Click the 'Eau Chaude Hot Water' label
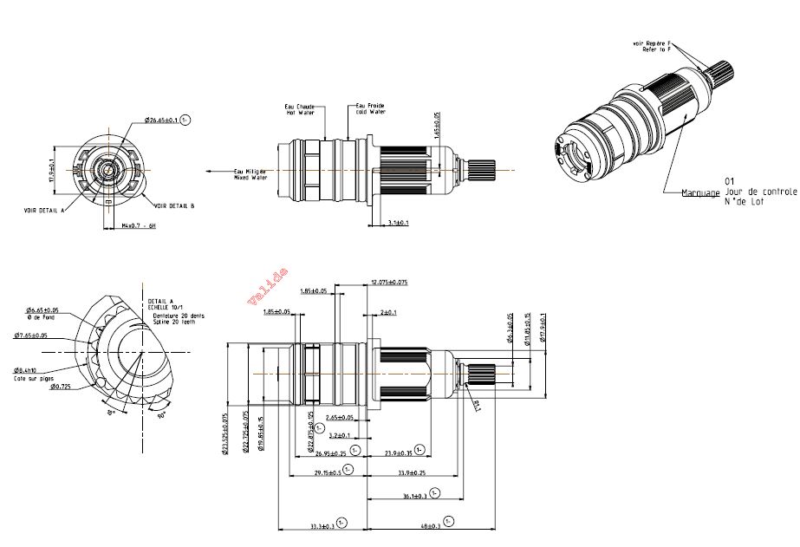coord(300,110)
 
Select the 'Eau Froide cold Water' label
coord(370,109)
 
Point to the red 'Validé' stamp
coord(268,285)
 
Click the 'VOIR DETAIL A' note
coord(44,210)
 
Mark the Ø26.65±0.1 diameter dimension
coord(161,120)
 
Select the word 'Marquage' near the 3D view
coord(700,192)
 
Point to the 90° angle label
coord(160,415)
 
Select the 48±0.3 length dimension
coord(430,525)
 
